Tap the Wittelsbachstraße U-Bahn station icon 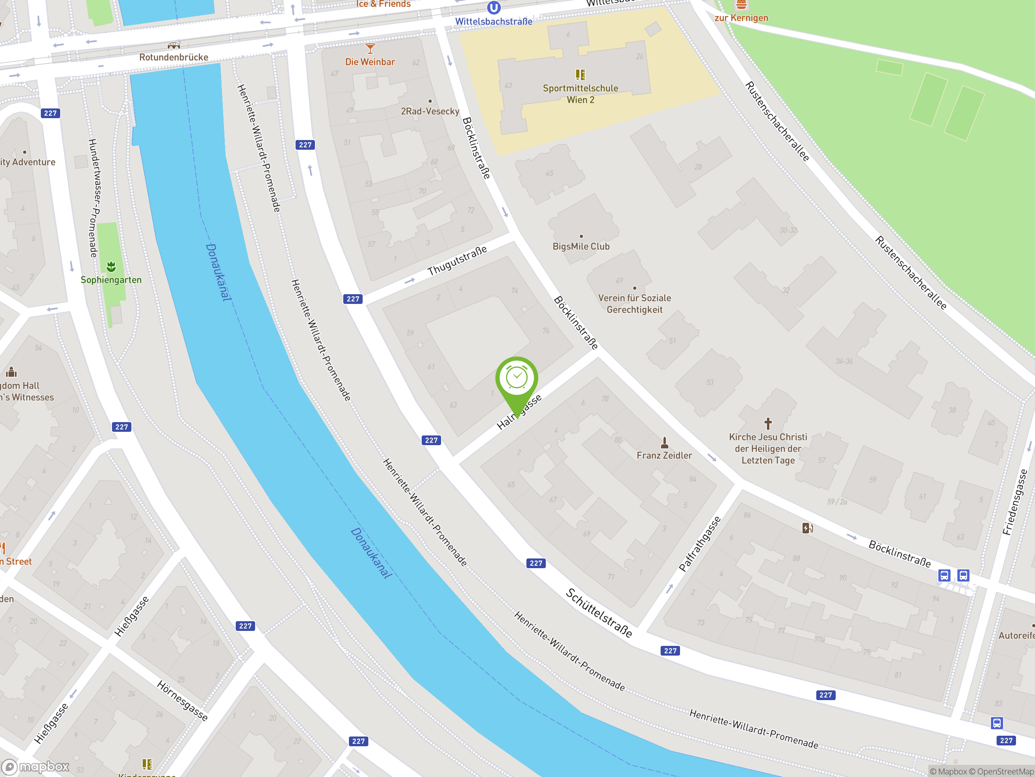click(494, 8)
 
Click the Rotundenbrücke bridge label click(173, 57)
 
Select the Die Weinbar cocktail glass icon click(370, 48)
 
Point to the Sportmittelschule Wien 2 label click(580, 93)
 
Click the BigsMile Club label click(581, 246)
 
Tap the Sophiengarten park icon click(111, 267)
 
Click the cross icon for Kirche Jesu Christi click(768, 423)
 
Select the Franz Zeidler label click(664, 455)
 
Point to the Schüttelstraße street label click(599, 613)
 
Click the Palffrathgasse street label click(699, 544)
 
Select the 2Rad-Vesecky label click(430, 111)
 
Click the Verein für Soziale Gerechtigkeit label click(634, 304)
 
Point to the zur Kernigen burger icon click(741, 5)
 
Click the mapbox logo click(36, 767)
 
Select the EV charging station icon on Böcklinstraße click(807, 528)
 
